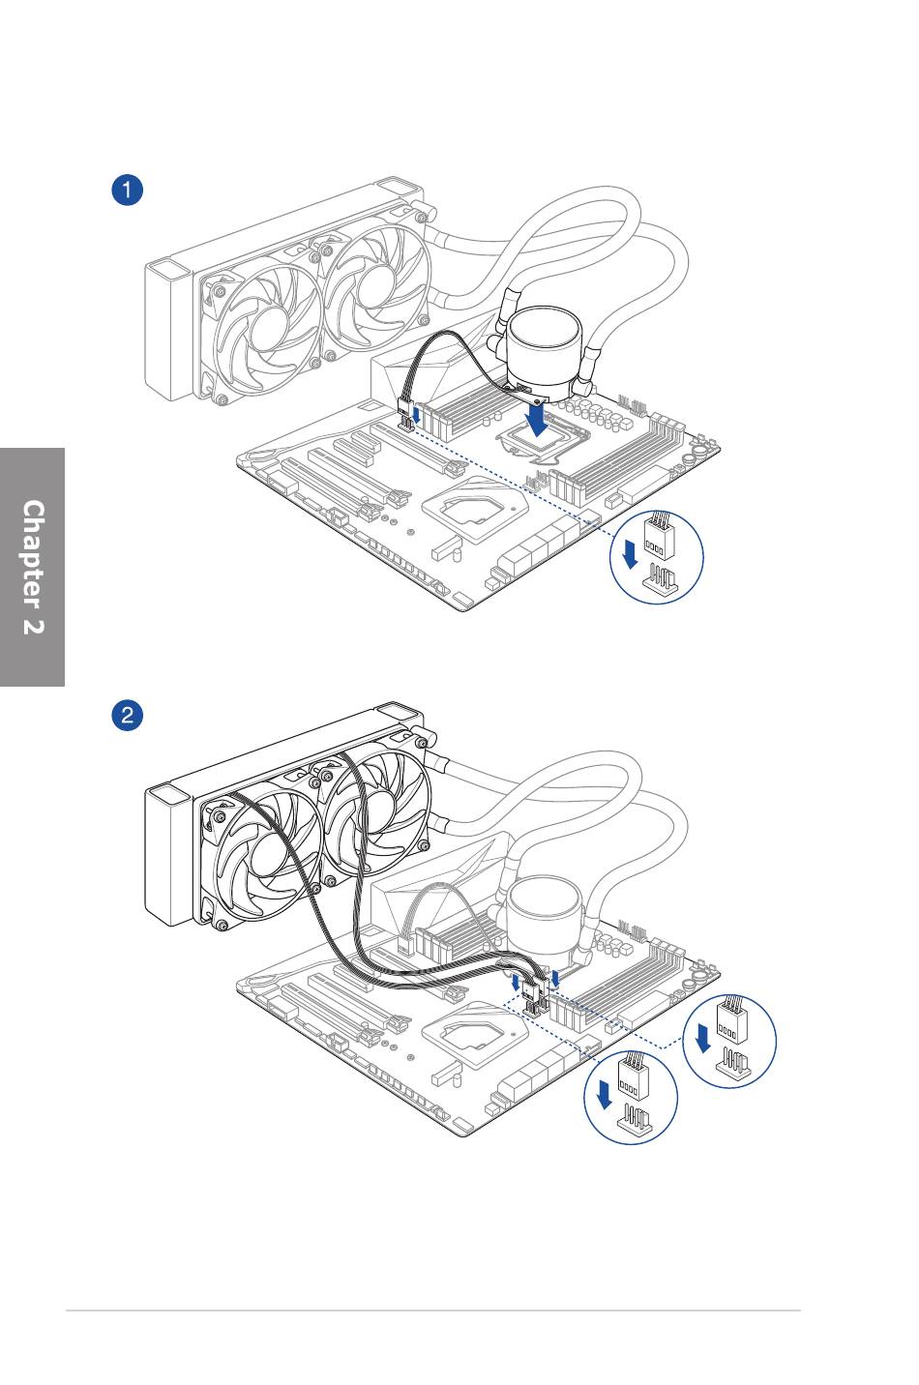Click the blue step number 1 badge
pyautogui.click(x=127, y=190)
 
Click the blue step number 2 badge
pyautogui.click(x=127, y=716)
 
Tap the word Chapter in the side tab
pyautogui.click(x=34, y=554)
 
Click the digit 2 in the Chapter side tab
pyautogui.click(x=34, y=626)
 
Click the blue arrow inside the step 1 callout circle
pyautogui.click(x=630, y=553)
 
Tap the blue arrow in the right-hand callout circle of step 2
pyautogui.click(x=702, y=1038)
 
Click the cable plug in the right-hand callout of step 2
pyautogui.click(x=731, y=1018)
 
